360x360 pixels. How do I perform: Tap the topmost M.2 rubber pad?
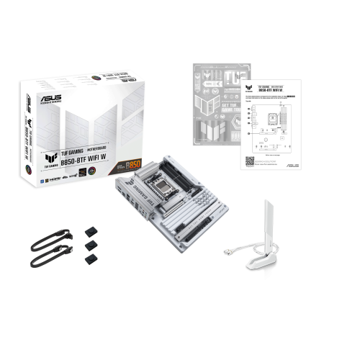coord(92,232)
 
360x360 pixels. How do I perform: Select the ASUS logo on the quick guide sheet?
coord(294,164)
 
